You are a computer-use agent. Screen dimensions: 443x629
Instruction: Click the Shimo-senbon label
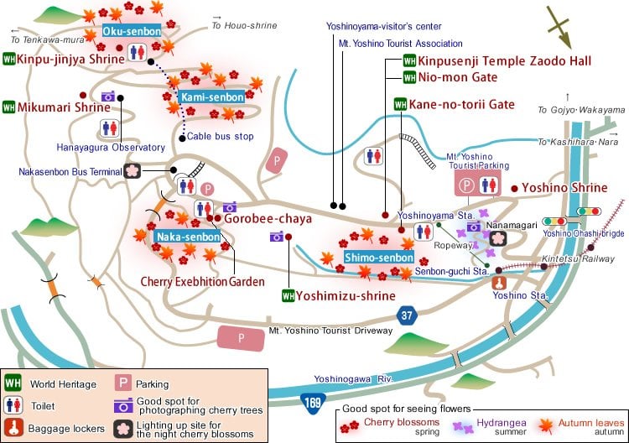click(379, 257)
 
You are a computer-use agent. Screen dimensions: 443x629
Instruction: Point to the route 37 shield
click(408, 316)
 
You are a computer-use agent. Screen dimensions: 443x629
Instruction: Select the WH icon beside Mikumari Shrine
click(9, 107)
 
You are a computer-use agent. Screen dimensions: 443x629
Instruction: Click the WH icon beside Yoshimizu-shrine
click(288, 295)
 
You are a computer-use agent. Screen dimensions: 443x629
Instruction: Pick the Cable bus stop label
click(220, 136)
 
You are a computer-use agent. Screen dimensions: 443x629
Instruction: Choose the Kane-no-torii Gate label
click(461, 105)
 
